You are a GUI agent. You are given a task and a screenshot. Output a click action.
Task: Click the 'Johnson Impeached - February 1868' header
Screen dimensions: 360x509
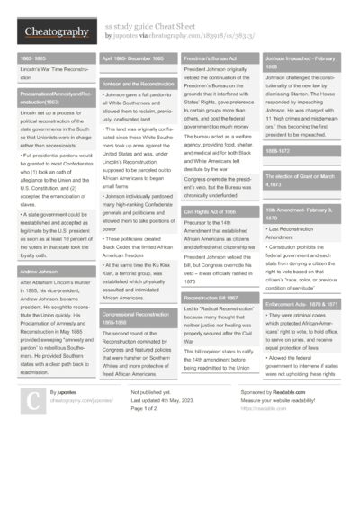tap(303, 62)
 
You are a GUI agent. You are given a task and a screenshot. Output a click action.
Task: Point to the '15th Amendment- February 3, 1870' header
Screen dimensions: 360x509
tap(303, 214)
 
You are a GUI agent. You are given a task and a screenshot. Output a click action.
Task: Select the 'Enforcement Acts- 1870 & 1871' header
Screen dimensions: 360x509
tap(302, 305)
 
